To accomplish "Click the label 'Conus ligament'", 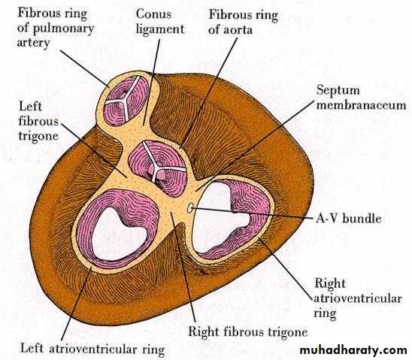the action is [160, 22].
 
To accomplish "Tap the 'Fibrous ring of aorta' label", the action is [243, 22].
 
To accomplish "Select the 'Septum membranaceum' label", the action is [361, 98].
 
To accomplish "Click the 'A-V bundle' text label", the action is [348, 219].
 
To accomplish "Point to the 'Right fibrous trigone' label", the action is [248, 332].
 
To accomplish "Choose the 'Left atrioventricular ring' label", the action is [92, 349].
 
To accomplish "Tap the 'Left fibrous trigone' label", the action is [38, 121].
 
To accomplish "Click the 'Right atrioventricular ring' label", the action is [358, 298].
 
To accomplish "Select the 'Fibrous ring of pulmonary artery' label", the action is [56, 28].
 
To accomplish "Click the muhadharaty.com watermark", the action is [353, 351].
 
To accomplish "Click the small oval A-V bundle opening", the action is [189, 208].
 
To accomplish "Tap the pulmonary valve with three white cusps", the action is [125, 101].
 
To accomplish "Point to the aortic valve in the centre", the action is [158, 168].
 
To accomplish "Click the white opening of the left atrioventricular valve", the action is [118, 234].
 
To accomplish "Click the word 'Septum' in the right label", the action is [338, 91].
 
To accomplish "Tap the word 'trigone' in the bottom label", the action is [287, 333].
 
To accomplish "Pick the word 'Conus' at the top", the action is [153, 14].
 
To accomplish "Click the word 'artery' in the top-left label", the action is [33, 43].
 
